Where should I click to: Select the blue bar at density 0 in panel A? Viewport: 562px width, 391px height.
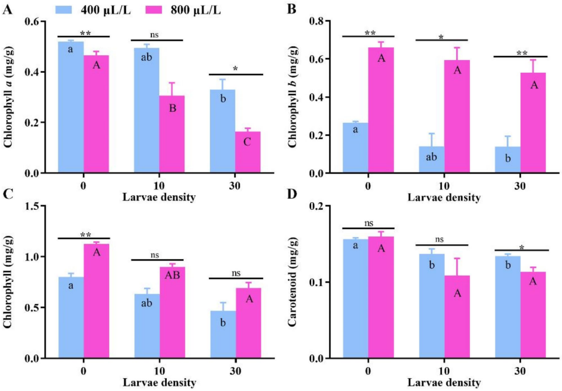71,107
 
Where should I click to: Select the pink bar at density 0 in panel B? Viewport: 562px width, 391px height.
381,110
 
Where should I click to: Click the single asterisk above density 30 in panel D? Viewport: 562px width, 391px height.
522,247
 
